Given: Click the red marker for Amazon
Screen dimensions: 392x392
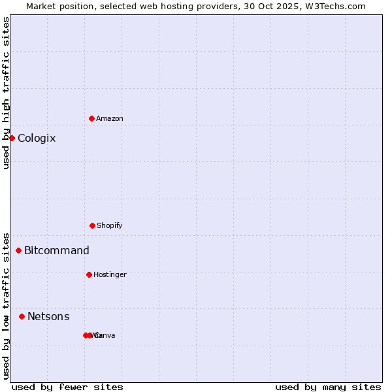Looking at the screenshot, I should pyautogui.click(x=91, y=118).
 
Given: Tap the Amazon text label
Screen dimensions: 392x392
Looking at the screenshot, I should pyautogui.click(x=110, y=119).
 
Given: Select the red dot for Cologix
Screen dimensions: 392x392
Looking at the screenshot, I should pyautogui.click(x=12, y=138).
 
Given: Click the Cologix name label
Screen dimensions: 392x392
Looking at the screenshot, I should pyautogui.click(x=37, y=139).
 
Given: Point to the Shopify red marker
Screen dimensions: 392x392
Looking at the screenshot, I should pyautogui.click(x=92, y=225).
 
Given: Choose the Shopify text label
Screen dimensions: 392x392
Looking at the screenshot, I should pyautogui.click(x=110, y=226).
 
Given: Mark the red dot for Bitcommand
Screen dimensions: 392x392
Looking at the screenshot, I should pyautogui.click(x=18, y=250).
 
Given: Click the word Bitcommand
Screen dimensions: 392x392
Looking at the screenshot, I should pyautogui.click(x=57, y=251).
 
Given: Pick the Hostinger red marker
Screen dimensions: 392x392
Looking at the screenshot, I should pyautogui.click(x=89, y=274).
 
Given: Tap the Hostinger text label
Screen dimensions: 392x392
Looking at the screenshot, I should pyautogui.click(x=110, y=275).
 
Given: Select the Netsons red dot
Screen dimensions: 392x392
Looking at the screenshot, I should pyautogui.click(x=22, y=316).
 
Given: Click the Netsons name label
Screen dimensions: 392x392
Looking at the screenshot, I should pyautogui.click(x=48, y=317).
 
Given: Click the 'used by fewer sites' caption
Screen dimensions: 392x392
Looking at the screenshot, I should pyautogui.click(x=67, y=387).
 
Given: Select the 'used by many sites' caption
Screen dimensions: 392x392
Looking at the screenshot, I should pyautogui.click(x=328, y=387).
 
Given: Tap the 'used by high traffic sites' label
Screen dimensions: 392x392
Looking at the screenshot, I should pyautogui.click(x=6, y=93).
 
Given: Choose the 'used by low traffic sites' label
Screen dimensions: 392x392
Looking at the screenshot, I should pyautogui.click(x=6, y=306).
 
